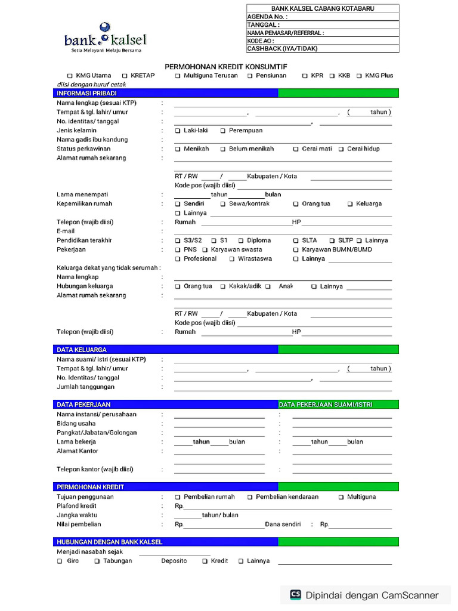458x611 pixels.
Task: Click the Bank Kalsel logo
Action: (x=105, y=38)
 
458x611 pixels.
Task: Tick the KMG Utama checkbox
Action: (x=70, y=76)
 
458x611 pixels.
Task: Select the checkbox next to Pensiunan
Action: (x=250, y=76)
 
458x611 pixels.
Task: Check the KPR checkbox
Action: (x=305, y=76)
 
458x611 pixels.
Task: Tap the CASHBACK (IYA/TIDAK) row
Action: (x=323, y=49)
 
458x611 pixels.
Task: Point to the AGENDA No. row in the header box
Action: (x=323, y=17)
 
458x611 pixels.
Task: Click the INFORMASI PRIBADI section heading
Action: (x=87, y=94)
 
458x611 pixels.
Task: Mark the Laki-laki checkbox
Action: (x=178, y=131)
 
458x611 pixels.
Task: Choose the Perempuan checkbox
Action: (x=223, y=131)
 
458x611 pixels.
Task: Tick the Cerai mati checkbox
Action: (x=296, y=149)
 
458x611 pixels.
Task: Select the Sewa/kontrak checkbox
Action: (x=223, y=204)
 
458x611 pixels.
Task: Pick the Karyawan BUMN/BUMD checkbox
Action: (x=296, y=250)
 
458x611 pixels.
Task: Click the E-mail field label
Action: (x=66, y=231)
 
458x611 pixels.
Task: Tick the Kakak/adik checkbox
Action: (x=223, y=286)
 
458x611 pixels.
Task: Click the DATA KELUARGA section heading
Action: (x=82, y=350)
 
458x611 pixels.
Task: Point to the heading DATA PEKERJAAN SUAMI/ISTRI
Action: (x=326, y=405)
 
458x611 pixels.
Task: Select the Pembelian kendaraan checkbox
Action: (x=250, y=497)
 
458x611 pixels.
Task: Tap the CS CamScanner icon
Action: (x=295, y=594)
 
